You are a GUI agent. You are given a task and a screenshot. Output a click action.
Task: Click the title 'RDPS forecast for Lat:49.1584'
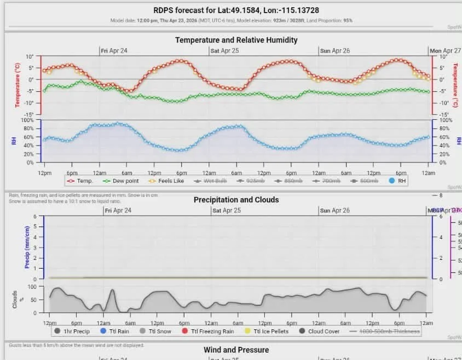pyautogui.click(x=236, y=10)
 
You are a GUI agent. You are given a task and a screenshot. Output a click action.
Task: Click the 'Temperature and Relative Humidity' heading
pyautogui.click(x=236, y=40)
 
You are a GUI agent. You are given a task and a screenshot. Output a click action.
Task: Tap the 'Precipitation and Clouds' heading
pyautogui.click(x=236, y=200)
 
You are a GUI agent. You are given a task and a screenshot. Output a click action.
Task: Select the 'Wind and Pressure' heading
pyautogui.click(x=236, y=350)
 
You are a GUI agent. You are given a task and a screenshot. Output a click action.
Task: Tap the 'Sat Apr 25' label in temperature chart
pyautogui.click(x=226, y=51)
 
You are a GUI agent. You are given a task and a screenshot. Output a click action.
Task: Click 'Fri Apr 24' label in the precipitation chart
pyautogui.click(x=118, y=211)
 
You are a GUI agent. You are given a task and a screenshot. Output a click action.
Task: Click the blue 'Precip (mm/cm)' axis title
pyautogui.click(x=26, y=247)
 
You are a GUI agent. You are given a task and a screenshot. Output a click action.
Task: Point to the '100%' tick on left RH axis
pyautogui.click(x=27, y=120)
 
